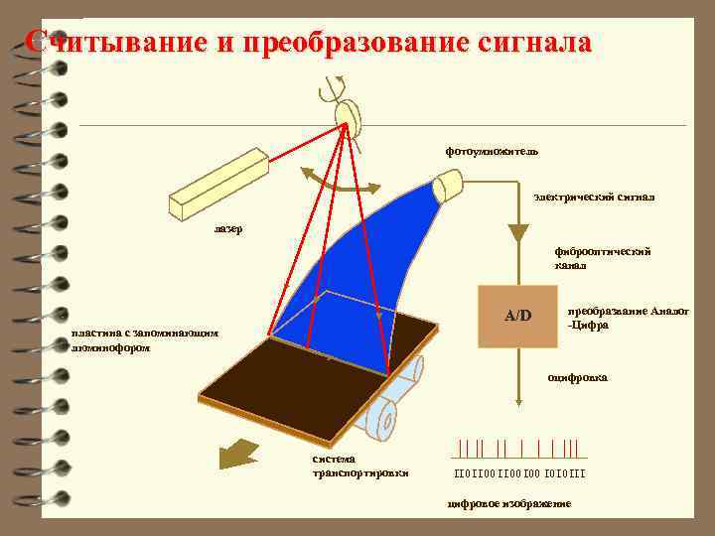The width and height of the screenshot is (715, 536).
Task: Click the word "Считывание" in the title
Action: click(110, 43)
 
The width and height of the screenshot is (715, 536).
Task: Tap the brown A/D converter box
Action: click(517, 317)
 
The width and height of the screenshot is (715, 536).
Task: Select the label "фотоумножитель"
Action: click(492, 152)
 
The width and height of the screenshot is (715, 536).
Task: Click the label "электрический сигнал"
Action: click(594, 198)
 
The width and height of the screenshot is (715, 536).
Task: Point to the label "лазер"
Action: click(227, 229)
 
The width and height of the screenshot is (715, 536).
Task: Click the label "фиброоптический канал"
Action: click(602, 258)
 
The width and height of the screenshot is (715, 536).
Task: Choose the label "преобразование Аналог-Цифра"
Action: click(626, 318)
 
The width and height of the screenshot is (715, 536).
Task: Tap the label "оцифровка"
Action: click(578, 378)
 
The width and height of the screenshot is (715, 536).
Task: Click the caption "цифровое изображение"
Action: click(509, 504)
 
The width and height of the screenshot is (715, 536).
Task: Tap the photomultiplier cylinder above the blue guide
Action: click(449, 185)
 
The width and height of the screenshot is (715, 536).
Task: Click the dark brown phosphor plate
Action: click(298, 373)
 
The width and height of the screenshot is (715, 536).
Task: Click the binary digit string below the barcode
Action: click(519, 472)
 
